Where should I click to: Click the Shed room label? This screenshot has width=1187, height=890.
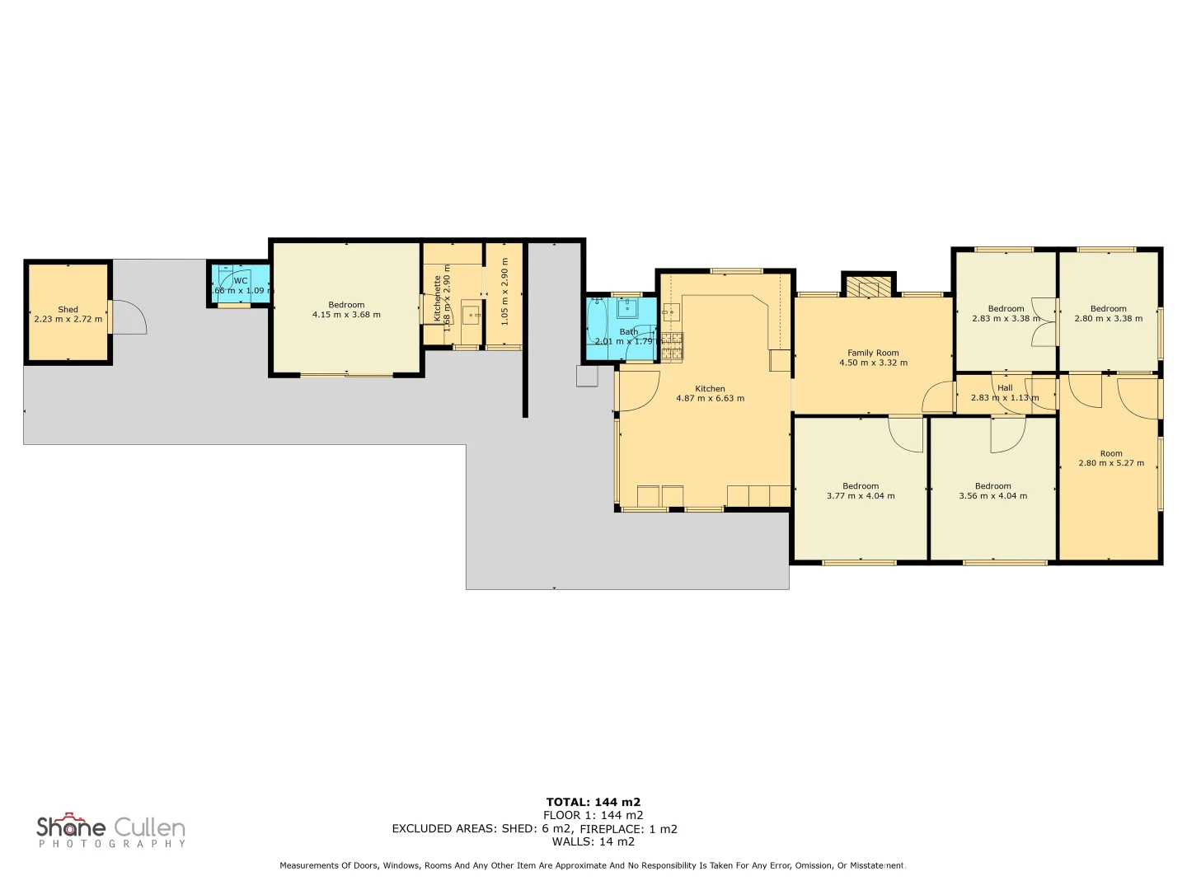pos(68,310)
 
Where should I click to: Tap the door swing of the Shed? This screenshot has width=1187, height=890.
pos(128,318)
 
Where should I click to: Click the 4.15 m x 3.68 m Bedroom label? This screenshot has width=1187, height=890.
pos(346,310)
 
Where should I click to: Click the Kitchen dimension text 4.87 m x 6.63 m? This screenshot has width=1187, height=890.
pos(710,399)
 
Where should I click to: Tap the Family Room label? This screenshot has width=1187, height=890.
pos(873,353)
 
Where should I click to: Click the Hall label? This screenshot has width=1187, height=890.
pos(1005,388)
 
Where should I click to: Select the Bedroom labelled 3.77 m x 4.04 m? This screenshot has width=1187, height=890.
pos(861,491)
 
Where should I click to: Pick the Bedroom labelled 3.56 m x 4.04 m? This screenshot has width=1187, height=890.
pos(992,491)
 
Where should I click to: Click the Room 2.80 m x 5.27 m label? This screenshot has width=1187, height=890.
pos(1111,458)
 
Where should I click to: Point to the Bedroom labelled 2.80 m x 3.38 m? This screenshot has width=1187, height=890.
pos(1108,314)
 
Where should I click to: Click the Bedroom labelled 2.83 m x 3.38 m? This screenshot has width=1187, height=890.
pos(1006,314)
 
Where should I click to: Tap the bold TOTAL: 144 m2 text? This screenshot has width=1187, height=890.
pos(593,802)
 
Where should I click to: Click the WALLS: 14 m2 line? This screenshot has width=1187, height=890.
pos(593,841)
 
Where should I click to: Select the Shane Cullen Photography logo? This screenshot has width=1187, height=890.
pos(111,831)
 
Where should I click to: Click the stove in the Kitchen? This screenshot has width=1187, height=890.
pos(672,346)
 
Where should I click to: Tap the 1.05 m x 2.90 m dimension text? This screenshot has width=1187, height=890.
pos(504,291)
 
